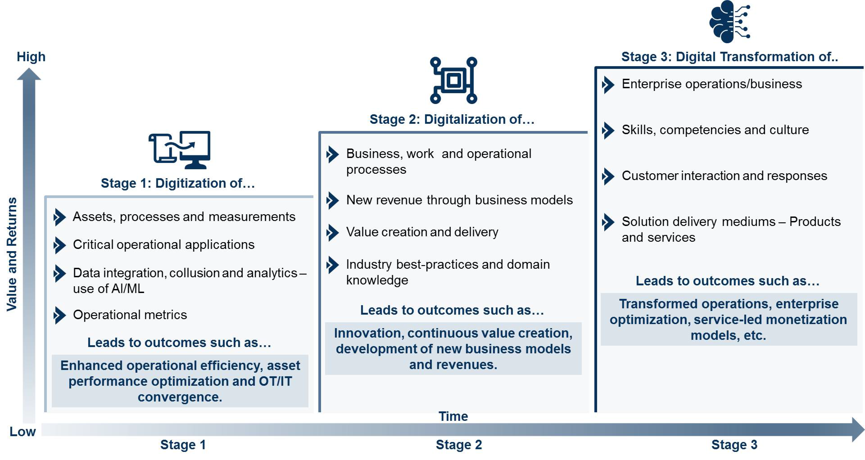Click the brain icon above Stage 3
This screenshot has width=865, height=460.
[729, 21]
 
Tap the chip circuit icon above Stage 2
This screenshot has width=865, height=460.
[454, 80]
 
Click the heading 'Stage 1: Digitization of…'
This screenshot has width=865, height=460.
[178, 183]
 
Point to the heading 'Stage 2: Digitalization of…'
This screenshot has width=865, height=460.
[452, 120]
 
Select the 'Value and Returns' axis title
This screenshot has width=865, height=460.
[12, 254]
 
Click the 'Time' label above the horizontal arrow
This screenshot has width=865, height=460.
[453, 416]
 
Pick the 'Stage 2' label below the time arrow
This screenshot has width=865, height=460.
[459, 445]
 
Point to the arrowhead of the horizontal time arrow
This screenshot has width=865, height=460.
[858, 429]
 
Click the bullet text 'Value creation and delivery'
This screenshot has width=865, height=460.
[422, 232]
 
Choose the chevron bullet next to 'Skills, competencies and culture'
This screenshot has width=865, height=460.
[608, 131]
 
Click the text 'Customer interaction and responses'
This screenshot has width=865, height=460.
[724, 176]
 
